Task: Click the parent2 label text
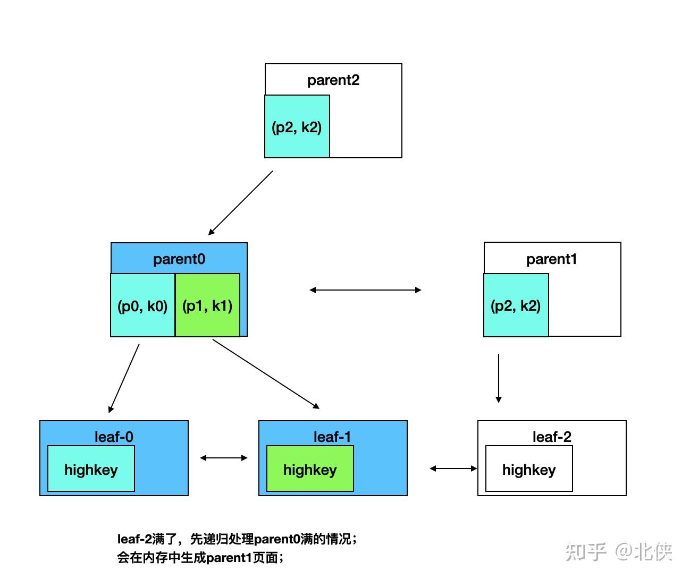pyautogui.click(x=333, y=80)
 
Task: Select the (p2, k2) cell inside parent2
pyautogui.click(x=297, y=126)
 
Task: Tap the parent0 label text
pyautogui.click(x=179, y=259)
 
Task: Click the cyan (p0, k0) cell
pyautogui.click(x=142, y=305)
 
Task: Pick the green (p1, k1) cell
pyautogui.click(x=207, y=305)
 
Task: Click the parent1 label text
pyautogui.click(x=552, y=259)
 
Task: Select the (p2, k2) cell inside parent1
pyautogui.click(x=516, y=305)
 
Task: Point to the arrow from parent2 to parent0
pyautogui.click(x=240, y=203)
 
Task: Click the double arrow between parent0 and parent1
pyautogui.click(x=365, y=290)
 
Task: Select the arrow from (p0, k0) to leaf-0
pyautogui.click(x=124, y=378)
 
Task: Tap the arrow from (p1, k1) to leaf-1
pyautogui.click(x=266, y=374)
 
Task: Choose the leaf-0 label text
pyautogui.click(x=114, y=437)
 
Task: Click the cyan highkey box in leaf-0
pyautogui.click(x=91, y=469)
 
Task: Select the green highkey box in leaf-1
pyautogui.click(x=310, y=469)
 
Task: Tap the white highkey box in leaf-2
pyautogui.click(x=529, y=469)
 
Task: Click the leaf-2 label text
pyautogui.click(x=552, y=437)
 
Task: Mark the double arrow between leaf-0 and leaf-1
pyautogui.click(x=224, y=458)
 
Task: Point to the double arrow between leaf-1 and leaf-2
pyautogui.click(x=453, y=469)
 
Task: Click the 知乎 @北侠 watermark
pyautogui.click(x=619, y=552)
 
